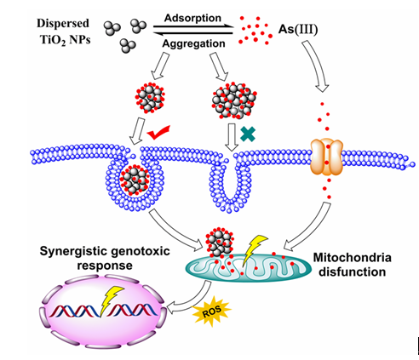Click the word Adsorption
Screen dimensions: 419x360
[x=192, y=18]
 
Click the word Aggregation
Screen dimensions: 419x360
[x=194, y=43]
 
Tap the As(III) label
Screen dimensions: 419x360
[x=298, y=30]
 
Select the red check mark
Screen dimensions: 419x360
[x=158, y=132]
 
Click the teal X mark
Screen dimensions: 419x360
[x=248, y=134]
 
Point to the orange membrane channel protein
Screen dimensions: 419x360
[x=326, y=157]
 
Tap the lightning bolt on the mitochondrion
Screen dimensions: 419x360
[x=252, y=249]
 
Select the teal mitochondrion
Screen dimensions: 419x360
[x=248, y=267]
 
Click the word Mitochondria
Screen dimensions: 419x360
[x=353, y=258]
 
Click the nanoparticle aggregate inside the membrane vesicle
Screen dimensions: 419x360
[x=135, y=180]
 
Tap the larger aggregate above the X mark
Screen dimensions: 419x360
[x=234, y=100]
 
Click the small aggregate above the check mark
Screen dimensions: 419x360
[x=150, y=98]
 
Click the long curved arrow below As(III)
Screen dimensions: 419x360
[x=317, y=66]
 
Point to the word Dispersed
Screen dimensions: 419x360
[x=63, y=23]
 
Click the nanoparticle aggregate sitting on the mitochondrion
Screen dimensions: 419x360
[x=220, y=242]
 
